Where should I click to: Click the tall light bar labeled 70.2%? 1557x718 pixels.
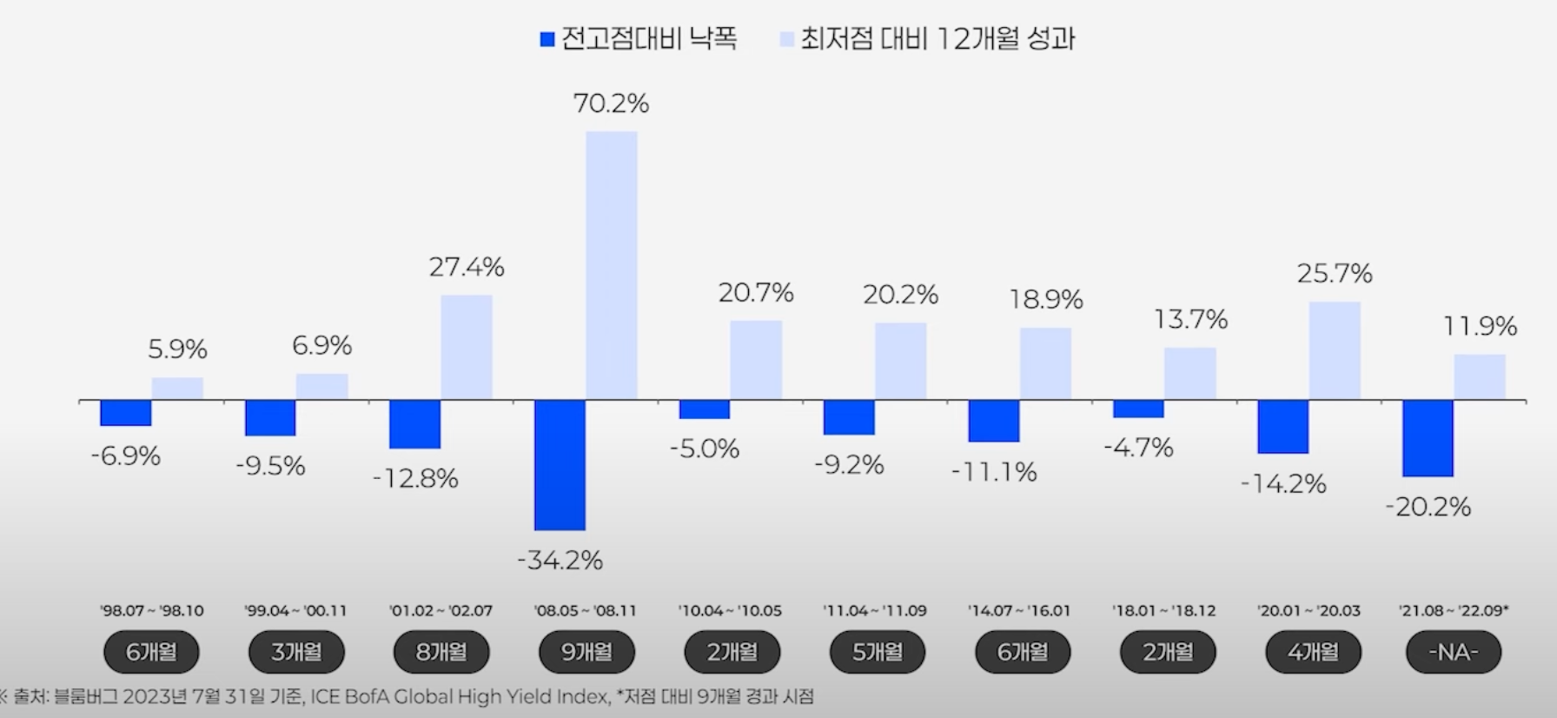pos(611,265)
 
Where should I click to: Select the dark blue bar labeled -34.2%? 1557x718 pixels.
pos(560,464)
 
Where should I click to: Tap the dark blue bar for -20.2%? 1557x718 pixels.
pos(1428,438)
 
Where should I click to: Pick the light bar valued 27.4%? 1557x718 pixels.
pos(467,347)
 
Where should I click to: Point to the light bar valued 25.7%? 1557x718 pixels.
pos(1335,350)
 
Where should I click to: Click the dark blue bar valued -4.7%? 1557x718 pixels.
pos(1138,409)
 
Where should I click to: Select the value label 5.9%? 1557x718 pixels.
pos(177,349)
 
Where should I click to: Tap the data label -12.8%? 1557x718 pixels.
pos(415,479)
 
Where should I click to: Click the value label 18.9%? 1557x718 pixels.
pos(1046,300)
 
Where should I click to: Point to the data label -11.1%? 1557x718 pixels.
pos(994,472)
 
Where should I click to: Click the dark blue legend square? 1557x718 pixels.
pos(547,39)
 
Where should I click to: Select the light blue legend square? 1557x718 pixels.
pos(787,39)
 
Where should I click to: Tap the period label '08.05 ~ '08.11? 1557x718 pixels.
pos(586,611)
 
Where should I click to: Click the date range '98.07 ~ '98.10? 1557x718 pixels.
pos(151,611)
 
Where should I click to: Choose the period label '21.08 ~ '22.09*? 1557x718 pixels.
pos(1454,611)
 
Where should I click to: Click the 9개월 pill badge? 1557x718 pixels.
pos(586,652)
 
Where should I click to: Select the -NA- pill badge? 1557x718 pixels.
pos(1454,652)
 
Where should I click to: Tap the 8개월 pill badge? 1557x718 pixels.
pos(441,652)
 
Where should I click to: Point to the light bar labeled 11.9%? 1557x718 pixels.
pos(1480,376)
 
